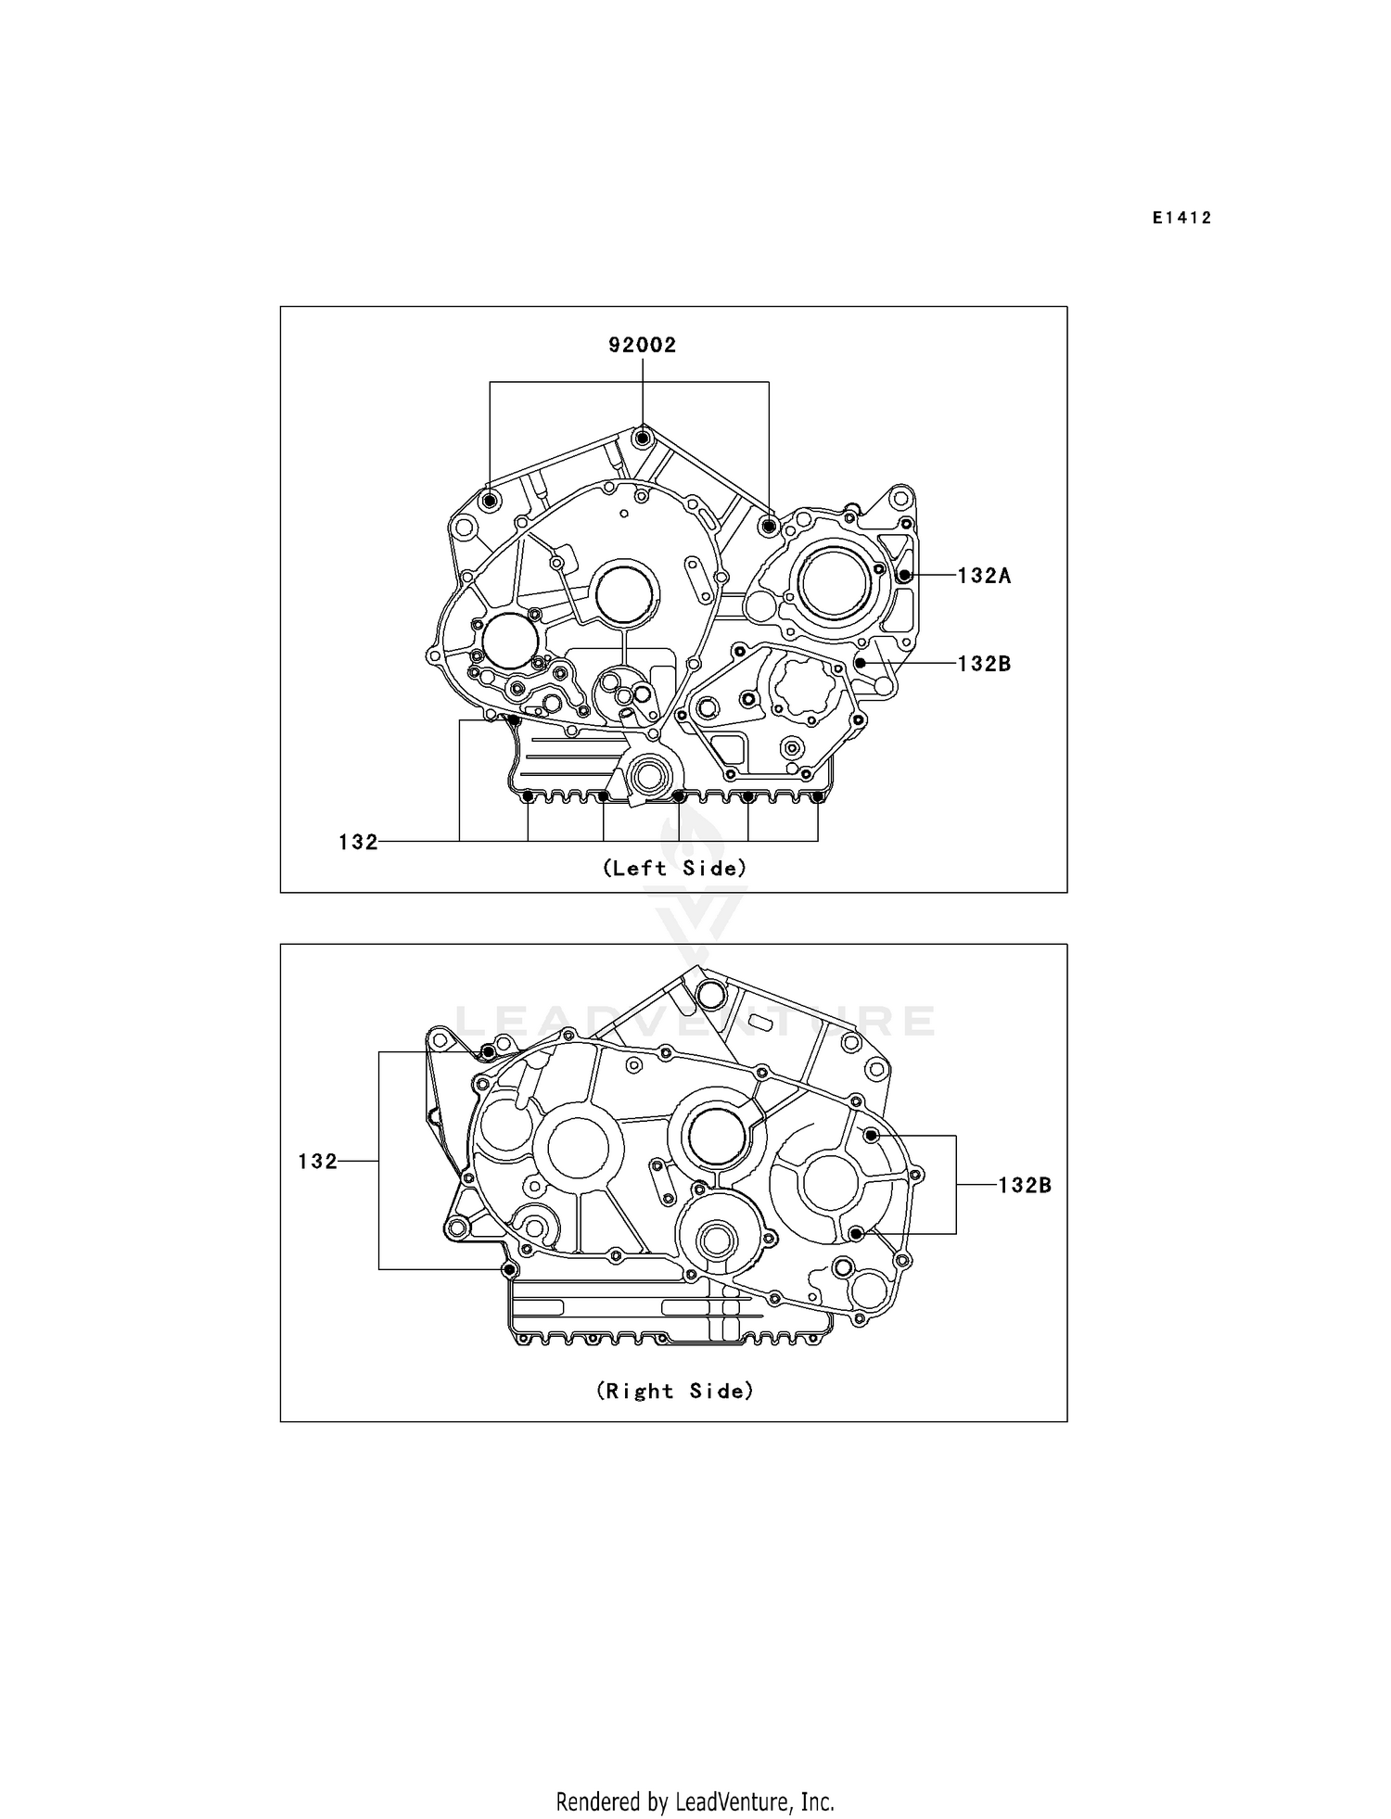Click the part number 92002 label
[642, 345]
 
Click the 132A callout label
[984, 576]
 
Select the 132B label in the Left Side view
[984, 664]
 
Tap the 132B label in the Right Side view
[1025, 1185]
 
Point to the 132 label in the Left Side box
[358, 842]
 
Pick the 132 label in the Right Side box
[317, 1162]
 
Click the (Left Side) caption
[674, 869]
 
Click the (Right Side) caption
[674, 1391]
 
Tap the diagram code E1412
[1182, 218]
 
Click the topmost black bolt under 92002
[642, 436]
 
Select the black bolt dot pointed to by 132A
[904, 575]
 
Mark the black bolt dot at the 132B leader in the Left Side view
[860, 664]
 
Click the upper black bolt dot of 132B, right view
[871, 1136]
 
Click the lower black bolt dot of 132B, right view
[856, 1233]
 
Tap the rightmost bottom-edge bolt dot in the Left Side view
[817, 796]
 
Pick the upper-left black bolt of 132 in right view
[488, 1052]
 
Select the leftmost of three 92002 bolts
[491, 502]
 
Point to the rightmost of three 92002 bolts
[768, 527]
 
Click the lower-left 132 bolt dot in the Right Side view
[507, 1268]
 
